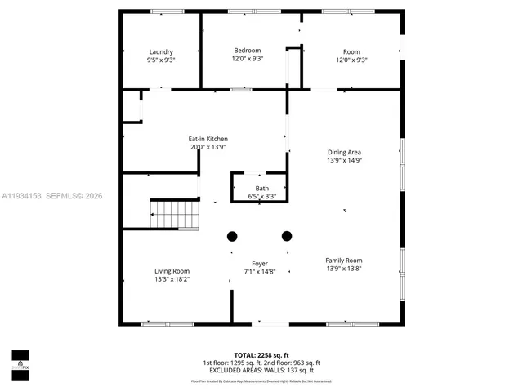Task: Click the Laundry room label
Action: pos(160,51)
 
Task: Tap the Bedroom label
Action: pos(247,51)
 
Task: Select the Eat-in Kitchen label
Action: pos(208,139)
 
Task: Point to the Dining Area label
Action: pos(344,152)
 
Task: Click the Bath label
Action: pos(261,188)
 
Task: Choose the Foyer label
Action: pos(260,263)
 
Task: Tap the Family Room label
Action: pos(343,260)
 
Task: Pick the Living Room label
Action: pos(172,271)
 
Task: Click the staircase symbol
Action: pos(175,215)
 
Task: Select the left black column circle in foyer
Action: pos(232,237)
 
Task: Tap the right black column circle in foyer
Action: pos(287,237)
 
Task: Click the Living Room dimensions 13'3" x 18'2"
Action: pos(172,279)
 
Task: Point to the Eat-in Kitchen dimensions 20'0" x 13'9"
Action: pos(208,147)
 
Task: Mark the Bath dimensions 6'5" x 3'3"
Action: pos(261,196)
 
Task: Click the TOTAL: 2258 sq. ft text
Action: pos(261,355)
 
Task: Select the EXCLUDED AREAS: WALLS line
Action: pos(261,371)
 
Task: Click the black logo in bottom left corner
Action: pos(20,359)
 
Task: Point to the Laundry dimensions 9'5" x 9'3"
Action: pos(160,60)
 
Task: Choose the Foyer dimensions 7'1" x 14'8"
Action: pos(260,271)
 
